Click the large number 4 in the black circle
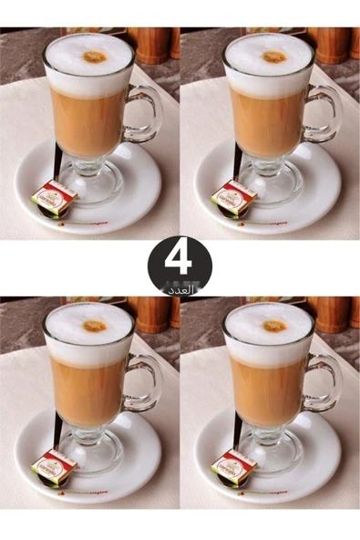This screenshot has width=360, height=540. [x=179, y=259]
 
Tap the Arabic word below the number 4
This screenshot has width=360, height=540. [x=181, y=288]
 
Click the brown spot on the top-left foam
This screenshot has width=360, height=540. [x=94, y=57]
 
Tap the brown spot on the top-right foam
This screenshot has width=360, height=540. [x=274, y=57]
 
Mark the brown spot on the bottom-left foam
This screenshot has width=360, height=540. [x=94, y=326]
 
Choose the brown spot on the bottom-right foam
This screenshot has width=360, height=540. [x=274, y=326]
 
